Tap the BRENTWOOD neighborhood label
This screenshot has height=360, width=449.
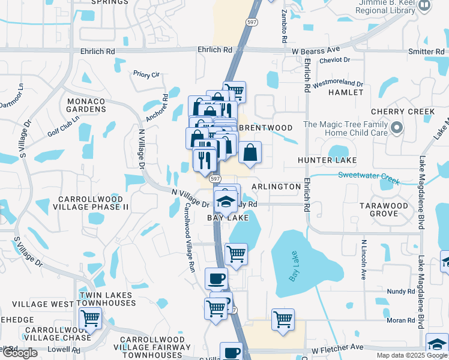coord(265,128)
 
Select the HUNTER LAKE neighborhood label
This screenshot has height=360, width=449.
coord(327,160)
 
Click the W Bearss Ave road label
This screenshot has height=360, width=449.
coord(316,49)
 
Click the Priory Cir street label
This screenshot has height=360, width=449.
coord(146,75)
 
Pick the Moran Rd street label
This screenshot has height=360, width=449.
coord(402,320)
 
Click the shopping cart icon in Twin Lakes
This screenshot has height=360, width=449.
coord(90,317)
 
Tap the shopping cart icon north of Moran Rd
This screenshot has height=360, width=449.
coord(282,319)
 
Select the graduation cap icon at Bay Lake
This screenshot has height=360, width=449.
coord(225,201)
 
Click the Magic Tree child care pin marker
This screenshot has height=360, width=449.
coord(396,128)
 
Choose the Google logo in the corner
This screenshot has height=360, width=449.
coord(20,352)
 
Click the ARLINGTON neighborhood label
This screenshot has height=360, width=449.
coord(276,187)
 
